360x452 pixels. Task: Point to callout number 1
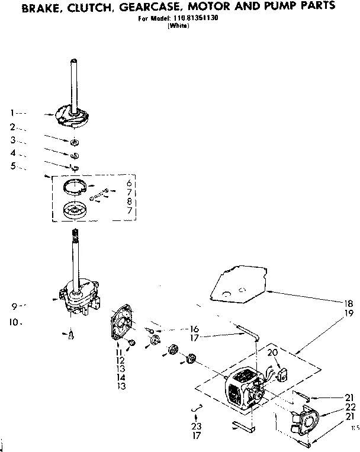tap(12, 112)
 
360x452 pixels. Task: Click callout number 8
tap(127, 202)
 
